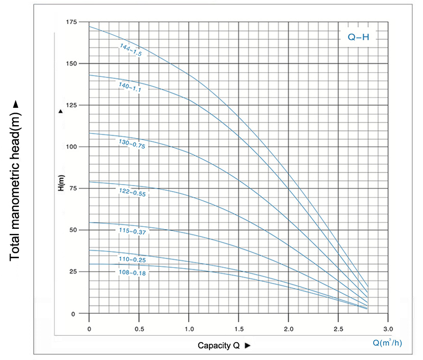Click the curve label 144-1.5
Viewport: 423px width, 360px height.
(130, 50)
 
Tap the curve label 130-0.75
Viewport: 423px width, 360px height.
(131, 144)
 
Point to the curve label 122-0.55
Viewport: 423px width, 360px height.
(131, 192)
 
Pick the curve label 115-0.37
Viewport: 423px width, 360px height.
(131, 232)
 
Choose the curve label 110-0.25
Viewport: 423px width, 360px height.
(131, 260)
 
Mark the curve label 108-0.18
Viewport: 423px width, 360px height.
(131, 273)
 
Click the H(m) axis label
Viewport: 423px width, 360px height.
(61, 183)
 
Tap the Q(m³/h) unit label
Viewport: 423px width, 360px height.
(387, 342)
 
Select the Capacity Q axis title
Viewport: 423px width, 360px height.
(219, 346)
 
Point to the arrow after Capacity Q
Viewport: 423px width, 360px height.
(248, 346)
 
